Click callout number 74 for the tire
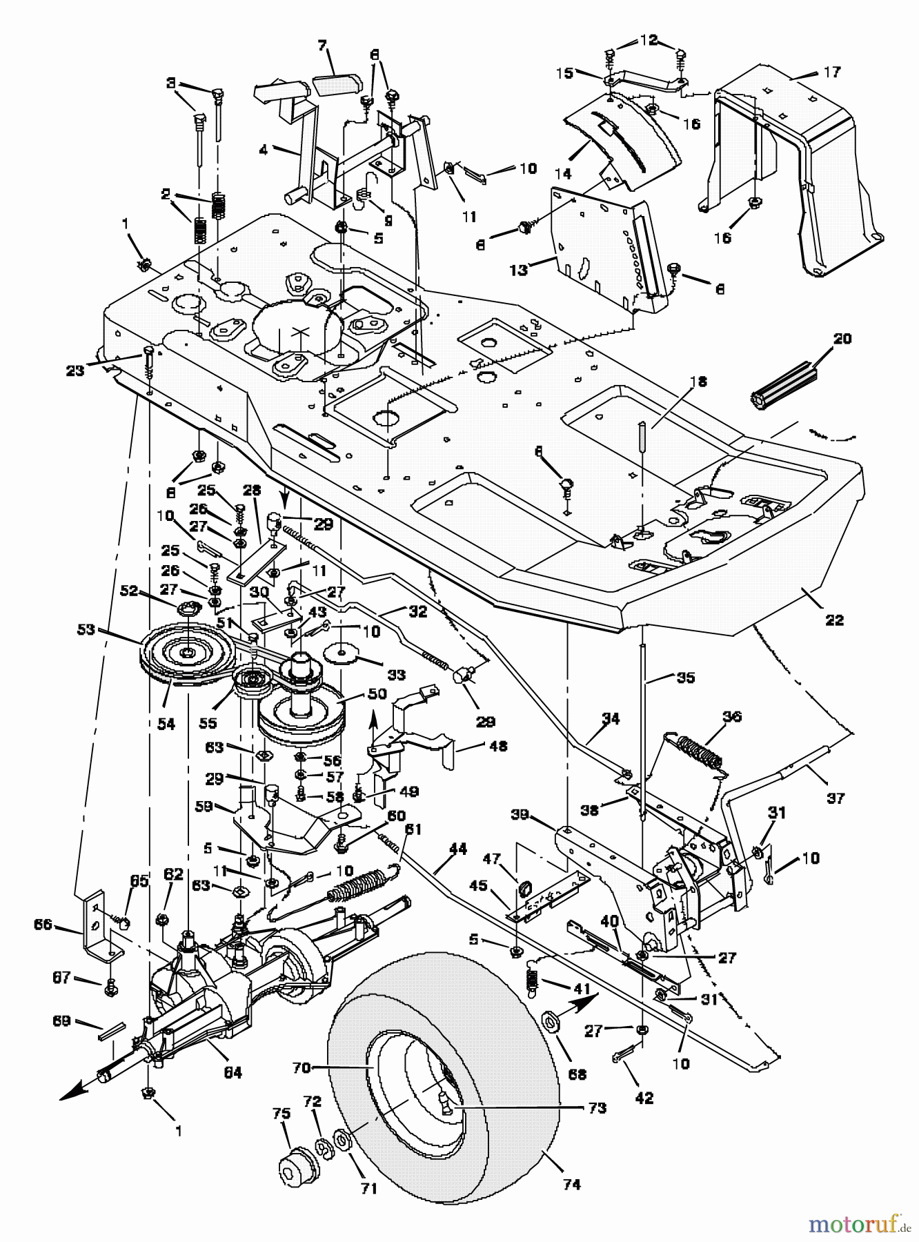click(571, 1184)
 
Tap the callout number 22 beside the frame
click(834, 620)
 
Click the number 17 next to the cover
click(832, 72)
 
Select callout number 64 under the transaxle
click(233, 1072)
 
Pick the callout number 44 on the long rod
click(457, 849)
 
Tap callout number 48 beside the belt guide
click(497, 746)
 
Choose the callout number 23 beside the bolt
click(75, 371)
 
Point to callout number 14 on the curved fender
click(564, 173)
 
